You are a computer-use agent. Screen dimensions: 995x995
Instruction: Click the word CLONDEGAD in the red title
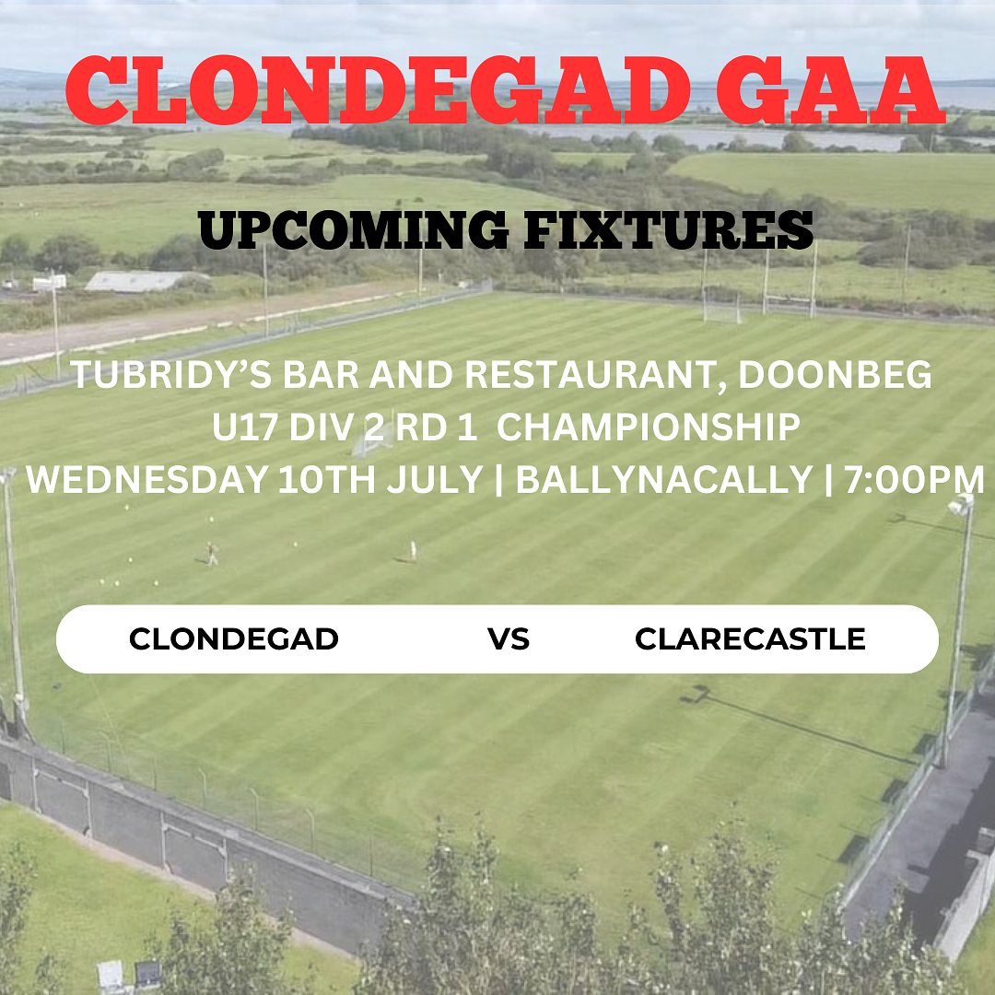[x=378, y=90]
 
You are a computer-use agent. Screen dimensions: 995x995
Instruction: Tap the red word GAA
[x=831, y=90]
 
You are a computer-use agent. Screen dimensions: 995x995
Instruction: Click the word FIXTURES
[x=669, y=229]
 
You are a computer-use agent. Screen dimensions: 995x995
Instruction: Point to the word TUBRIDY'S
[x=170, y=374]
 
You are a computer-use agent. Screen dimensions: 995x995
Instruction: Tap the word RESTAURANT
[x=596, y=376]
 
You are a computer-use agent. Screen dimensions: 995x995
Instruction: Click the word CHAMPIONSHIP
[x=648, y=427]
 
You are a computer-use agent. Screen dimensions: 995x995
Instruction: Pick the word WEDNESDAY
[x=146, y=479]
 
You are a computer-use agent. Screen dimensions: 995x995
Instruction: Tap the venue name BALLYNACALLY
[x=663, y=479]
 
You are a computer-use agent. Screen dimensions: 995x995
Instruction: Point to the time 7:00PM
[x=914, y=479]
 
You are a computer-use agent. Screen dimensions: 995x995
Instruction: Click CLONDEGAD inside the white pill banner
[x=233, y=639]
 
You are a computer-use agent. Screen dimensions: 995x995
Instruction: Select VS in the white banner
[x=509, y=639]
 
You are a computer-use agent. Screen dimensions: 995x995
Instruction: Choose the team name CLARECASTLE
[x=750, y=639]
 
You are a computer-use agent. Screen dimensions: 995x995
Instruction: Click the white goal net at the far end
[x=721, y=312]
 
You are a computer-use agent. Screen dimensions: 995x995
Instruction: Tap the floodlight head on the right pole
[x=961, y=505]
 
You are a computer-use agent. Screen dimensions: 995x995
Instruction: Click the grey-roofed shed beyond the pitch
[x=146, y=281]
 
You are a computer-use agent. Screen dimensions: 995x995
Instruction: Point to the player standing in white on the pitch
[x=413, y=550]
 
